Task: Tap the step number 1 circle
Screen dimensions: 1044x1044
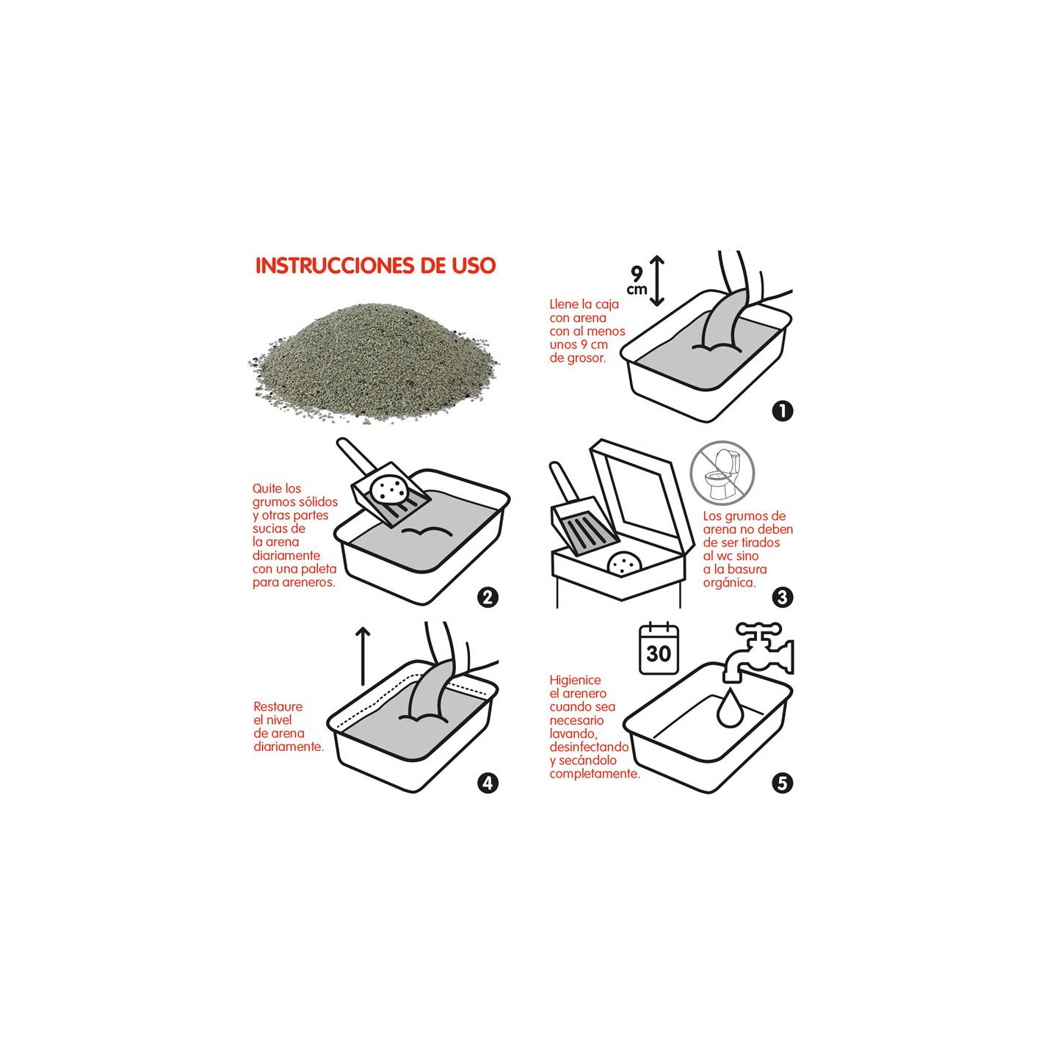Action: point(782,410)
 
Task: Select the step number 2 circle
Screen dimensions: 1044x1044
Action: point(487,598)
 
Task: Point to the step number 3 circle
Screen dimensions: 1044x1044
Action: point(782,598)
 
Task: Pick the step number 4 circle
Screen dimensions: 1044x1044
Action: point(487,783)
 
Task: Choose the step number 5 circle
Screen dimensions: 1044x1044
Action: point(782,783)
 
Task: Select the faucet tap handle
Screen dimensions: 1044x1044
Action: point(758,630)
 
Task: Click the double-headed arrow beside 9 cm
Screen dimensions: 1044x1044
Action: point(656,281)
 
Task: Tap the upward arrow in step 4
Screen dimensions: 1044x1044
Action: point(363,656)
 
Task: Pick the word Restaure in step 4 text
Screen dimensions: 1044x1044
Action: point(278,706)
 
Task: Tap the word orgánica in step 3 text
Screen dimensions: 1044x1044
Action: point(729,583)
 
